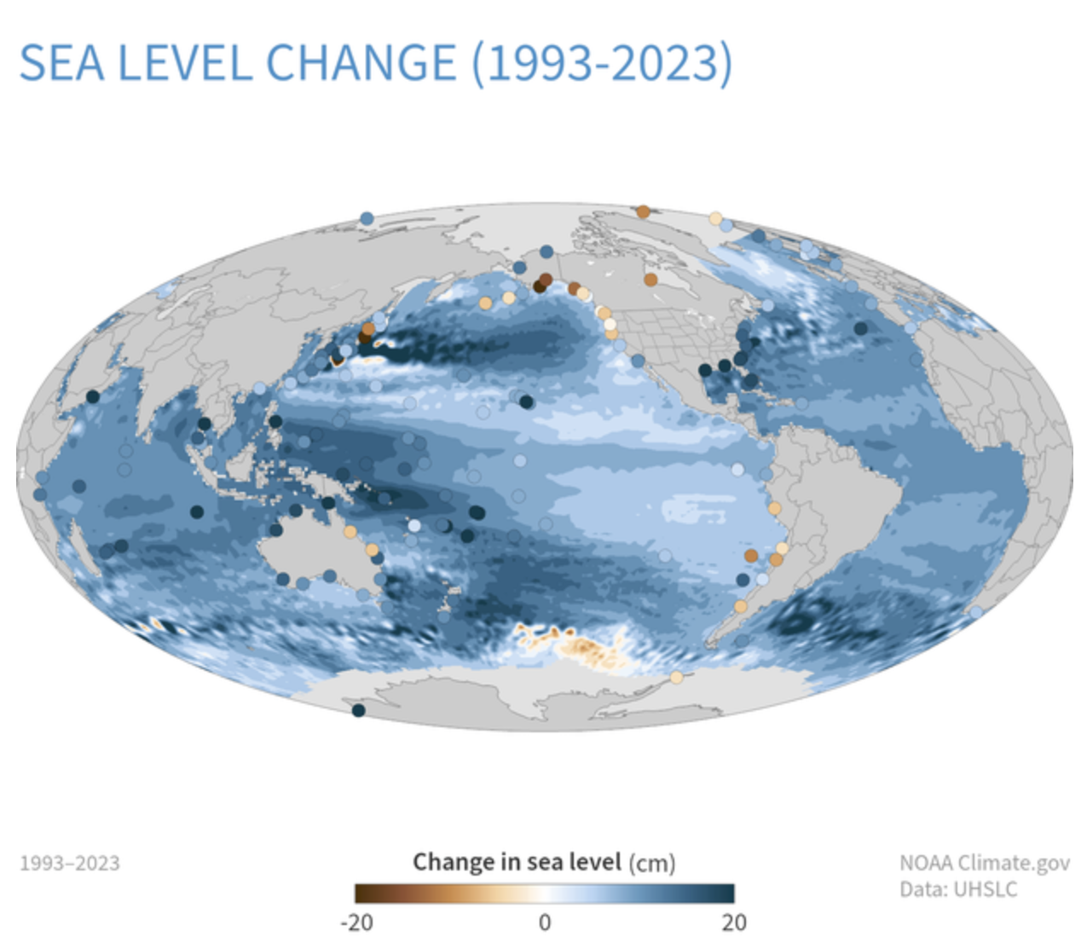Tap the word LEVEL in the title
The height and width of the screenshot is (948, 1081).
tap(185, 63)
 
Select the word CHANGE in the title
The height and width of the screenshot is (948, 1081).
tap(361, 63)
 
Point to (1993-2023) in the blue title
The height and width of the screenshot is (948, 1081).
tap(602, 63)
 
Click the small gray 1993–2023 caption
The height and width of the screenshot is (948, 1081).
tap(70, 864)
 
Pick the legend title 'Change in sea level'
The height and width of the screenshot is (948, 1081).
tap(517, 862)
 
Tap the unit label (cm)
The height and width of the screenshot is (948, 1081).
tap(652, 864)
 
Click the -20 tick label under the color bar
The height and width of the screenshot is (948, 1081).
tap(356, 922)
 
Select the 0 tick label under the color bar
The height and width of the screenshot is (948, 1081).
tap(545, 922)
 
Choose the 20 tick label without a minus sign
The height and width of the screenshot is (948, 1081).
tap(733, 922)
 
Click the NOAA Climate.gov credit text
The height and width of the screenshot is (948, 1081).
tap(984, 863)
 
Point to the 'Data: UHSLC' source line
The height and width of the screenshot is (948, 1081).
tap(958, 889)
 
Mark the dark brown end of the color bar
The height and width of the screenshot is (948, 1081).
tap(361, 893)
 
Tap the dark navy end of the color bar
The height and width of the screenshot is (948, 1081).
tap(727, 893)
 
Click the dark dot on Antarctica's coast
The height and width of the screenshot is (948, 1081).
tap(359, 710)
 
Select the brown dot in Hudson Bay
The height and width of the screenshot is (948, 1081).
tap(651, 280)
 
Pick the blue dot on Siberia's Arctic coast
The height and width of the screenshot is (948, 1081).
tap(367, 219)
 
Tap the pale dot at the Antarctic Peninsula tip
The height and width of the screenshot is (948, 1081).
tap(676, 678)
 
